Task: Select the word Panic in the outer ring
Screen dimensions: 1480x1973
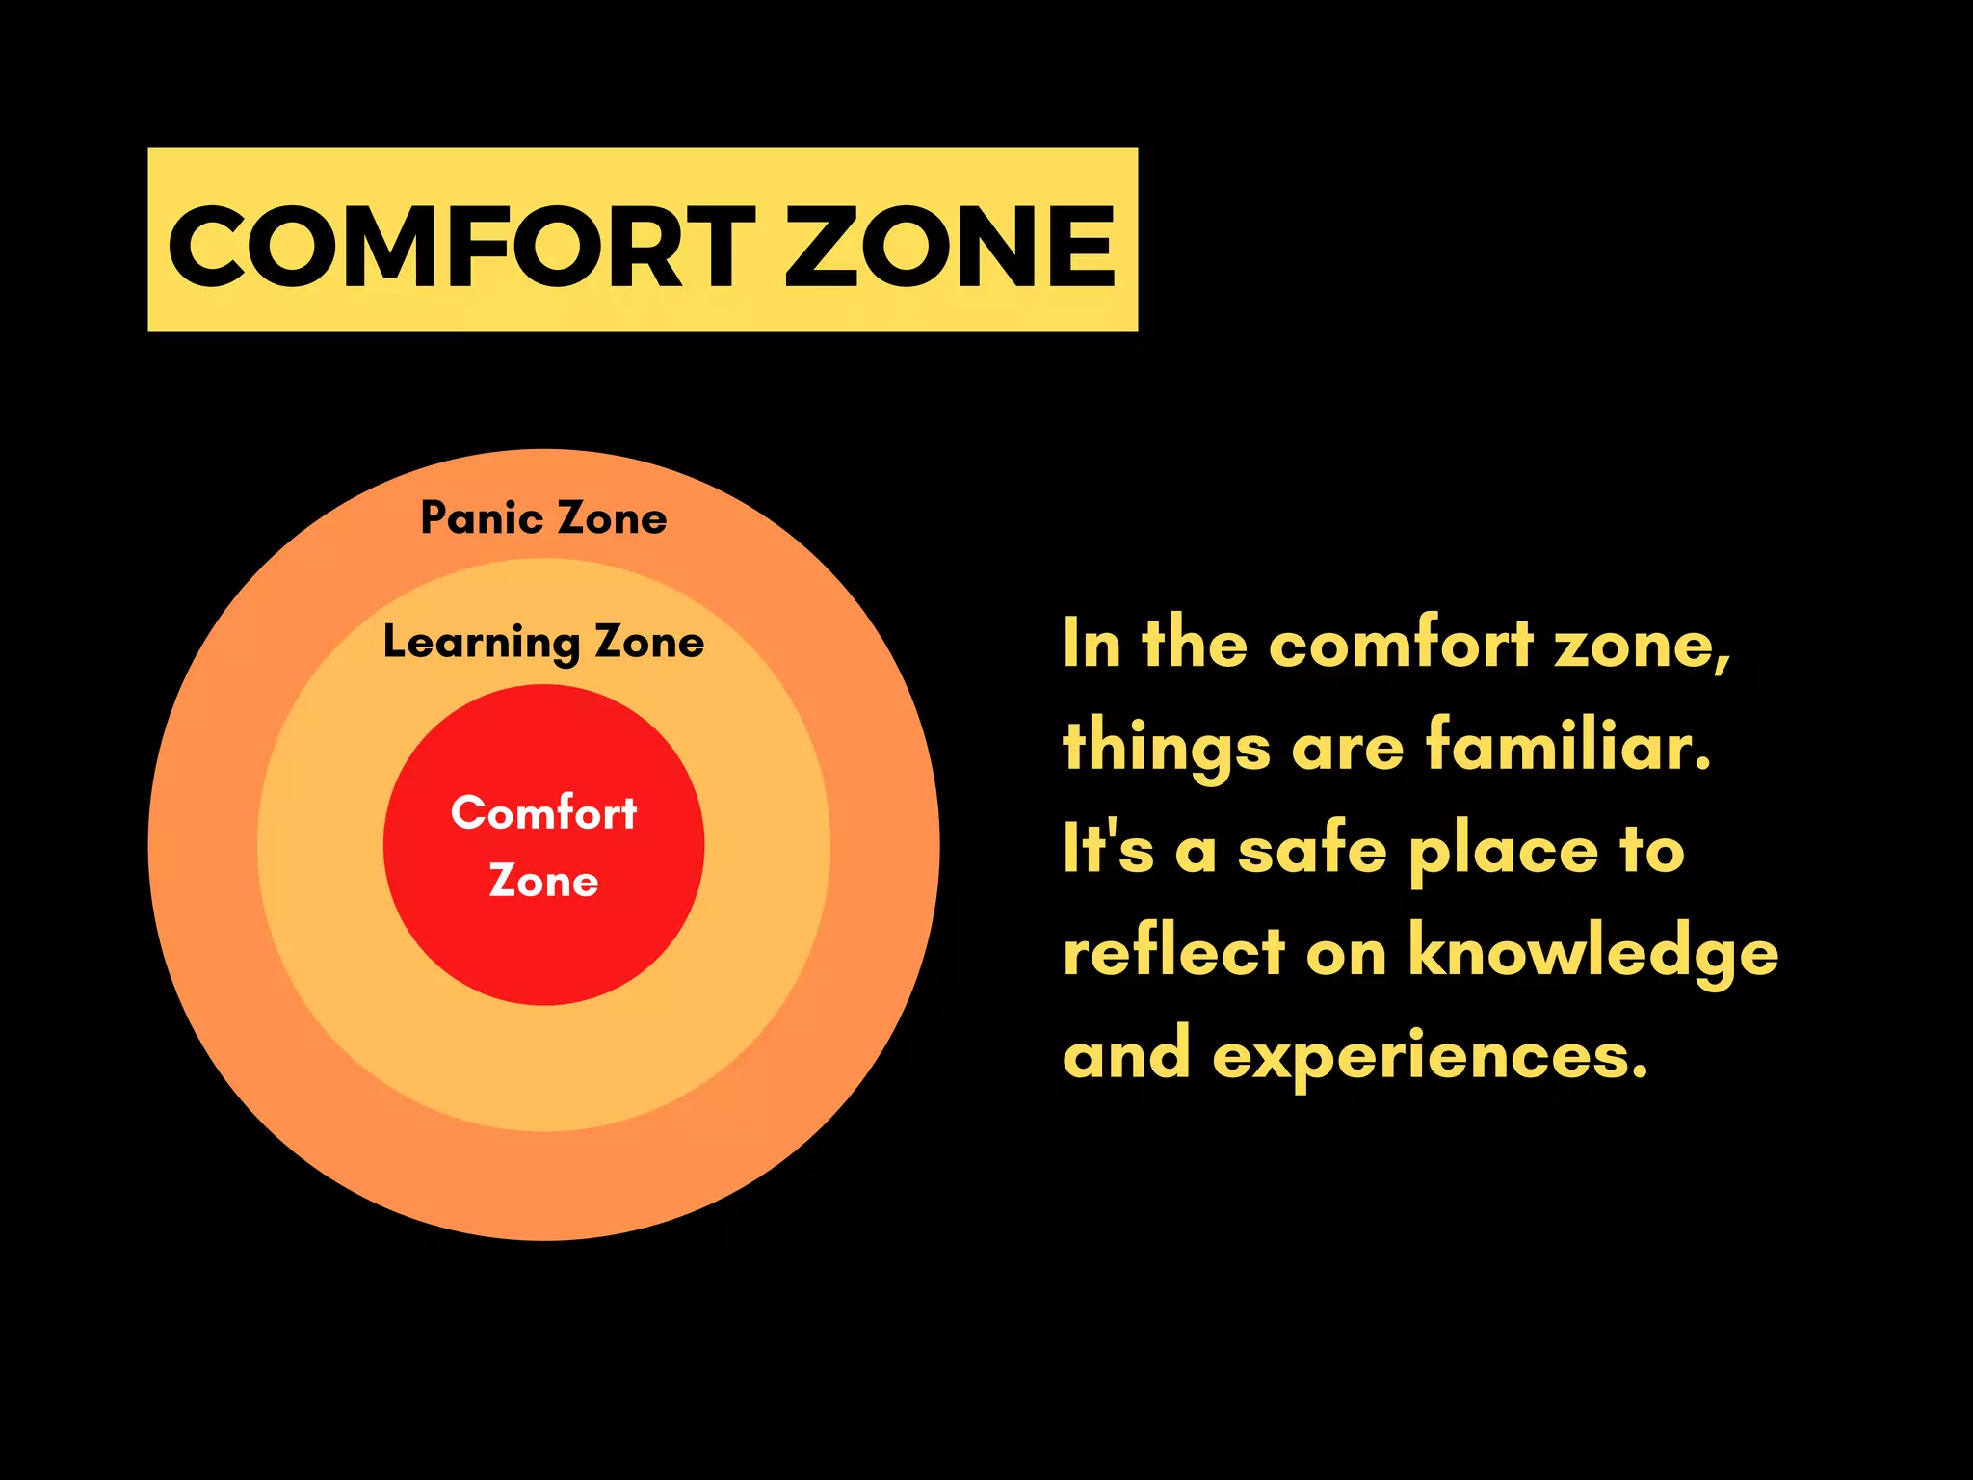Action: click(x=482, y=518)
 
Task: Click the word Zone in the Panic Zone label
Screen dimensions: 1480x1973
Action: click(x=613, y=518)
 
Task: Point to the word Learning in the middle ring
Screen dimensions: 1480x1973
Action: click(x=481, y=643)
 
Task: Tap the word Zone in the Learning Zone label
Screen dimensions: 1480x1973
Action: click(x=649, y=643)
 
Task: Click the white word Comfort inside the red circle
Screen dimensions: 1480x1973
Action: click(x=543, y=813)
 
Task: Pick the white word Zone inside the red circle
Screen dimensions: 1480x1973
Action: click(x=543, y=881)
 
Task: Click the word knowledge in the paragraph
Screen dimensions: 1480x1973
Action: click(x=1593, y=952)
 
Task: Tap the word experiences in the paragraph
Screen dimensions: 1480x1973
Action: click(x=1430, y=1056)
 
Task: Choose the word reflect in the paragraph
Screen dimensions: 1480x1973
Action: click(x=1174, y=952)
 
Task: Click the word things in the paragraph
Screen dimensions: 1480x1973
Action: click(x=1167, y=748)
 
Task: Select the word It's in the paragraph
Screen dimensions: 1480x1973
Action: click(x=1108, y=850)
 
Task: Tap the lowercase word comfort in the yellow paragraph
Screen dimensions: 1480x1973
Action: click(x=1401, y=644)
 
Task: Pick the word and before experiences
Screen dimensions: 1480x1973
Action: click(x=1126, y=1054)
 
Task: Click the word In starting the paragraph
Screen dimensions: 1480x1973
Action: click(x=1092, y=644)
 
